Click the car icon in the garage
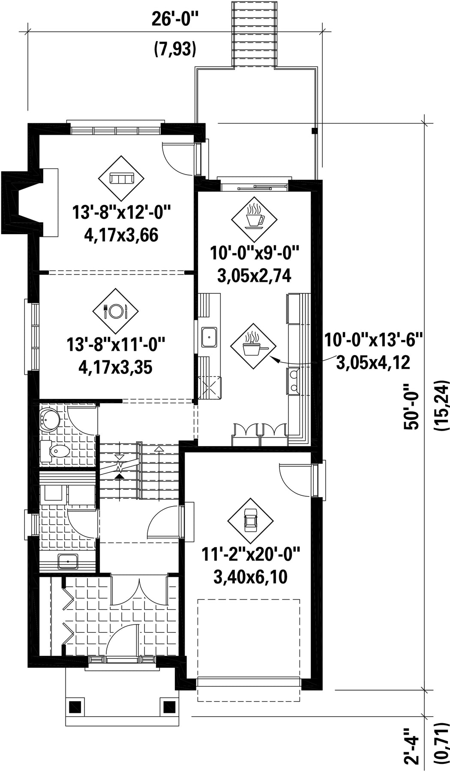pos(250,520)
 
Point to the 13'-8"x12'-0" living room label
pos(122,213)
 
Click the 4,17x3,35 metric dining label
pos(115,367)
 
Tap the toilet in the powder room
pos(55,451)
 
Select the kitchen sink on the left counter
pos(210,337)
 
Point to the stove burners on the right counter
pos(294,380)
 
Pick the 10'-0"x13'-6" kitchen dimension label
pos(373,341)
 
